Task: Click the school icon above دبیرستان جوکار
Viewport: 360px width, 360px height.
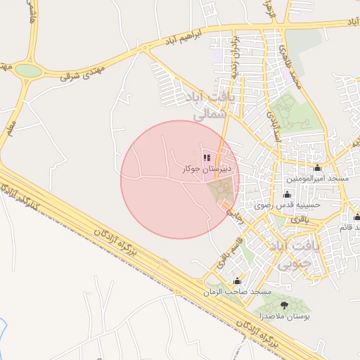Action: point(206,157)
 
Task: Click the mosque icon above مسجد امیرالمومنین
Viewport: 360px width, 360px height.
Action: point(317,167)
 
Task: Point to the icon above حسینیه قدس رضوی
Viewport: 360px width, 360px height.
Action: point(286,195)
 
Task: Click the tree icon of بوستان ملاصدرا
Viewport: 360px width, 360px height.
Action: point(284,305)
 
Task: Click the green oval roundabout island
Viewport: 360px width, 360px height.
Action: point(28,70)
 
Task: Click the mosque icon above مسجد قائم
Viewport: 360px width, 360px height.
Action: point(356,217)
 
